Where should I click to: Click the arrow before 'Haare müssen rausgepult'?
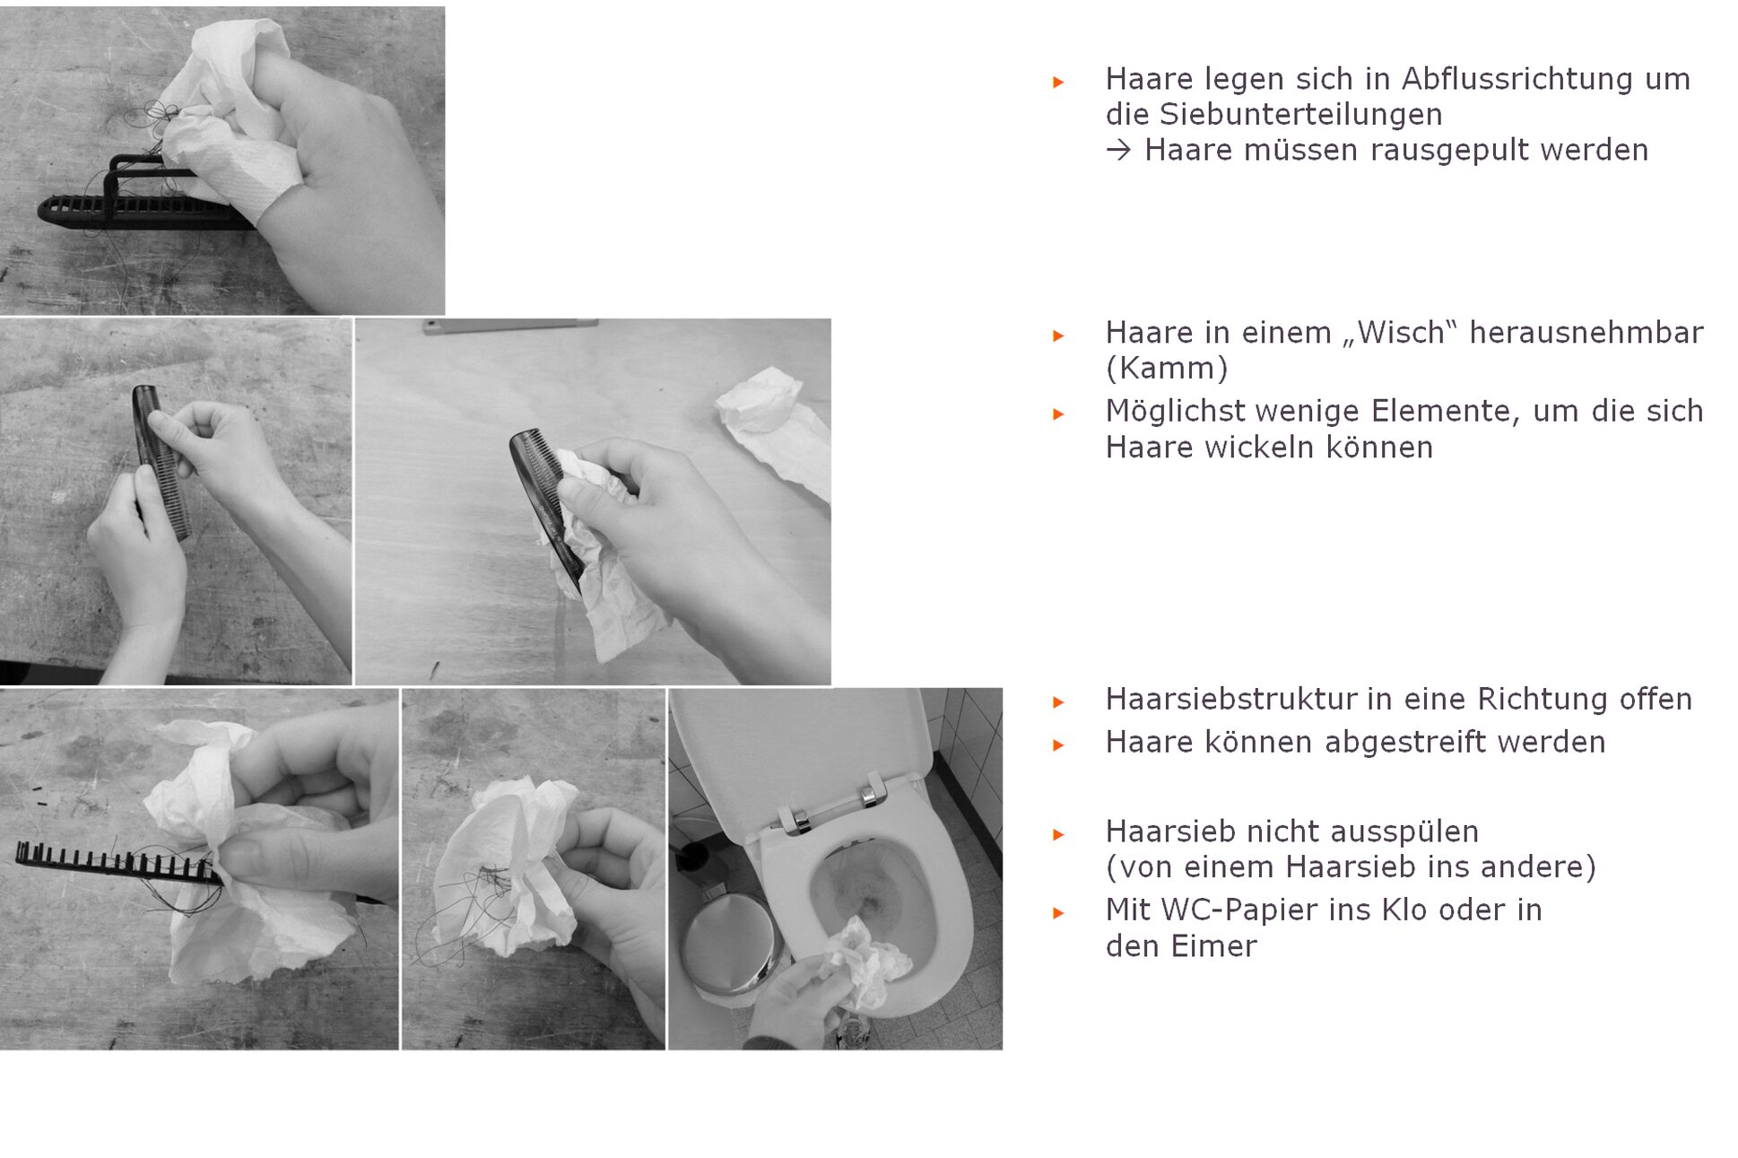tap(1118, 150)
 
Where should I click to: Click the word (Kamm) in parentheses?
tap(1167, 368)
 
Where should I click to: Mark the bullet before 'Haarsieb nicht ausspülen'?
tap(1058, 834)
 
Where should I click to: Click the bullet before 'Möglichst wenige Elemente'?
tap(1058, 414)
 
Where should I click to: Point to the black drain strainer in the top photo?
tap(135, 197)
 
